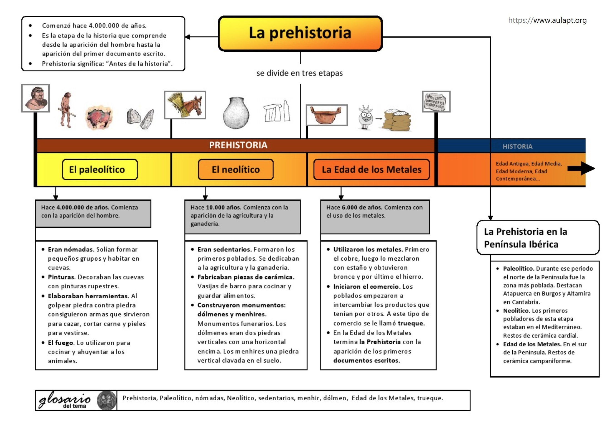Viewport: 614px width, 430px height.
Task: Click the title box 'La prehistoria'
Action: coord(300,33)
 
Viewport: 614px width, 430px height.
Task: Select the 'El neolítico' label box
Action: coord(235,169)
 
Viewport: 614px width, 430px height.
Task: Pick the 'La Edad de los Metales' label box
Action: coord(371,169)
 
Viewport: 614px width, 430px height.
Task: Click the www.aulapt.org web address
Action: coord(547,20)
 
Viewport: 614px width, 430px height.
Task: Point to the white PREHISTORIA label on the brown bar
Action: coord(238,145)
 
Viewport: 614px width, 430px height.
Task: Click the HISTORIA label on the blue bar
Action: coord(517,146)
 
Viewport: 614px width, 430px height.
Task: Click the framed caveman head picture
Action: coord(36,98)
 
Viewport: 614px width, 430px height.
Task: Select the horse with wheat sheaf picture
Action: coord(185,105)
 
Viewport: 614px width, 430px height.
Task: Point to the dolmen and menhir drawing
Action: coord(277,111)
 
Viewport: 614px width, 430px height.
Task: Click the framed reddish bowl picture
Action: coord(327,115)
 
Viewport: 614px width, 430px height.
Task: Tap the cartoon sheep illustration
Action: coord(365,117)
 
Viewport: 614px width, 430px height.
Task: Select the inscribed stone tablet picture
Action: coord(436,102)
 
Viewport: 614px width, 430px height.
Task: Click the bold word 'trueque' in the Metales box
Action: coord(411,323)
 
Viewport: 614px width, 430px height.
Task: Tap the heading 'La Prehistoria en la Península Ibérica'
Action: coord(525,238)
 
